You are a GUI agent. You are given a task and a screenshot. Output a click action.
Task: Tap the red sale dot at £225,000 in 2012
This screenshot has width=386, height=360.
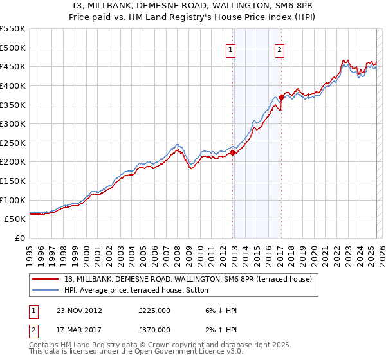pos(232,152)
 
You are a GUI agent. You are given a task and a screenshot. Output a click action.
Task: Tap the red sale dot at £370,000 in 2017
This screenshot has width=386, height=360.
pos(281,97)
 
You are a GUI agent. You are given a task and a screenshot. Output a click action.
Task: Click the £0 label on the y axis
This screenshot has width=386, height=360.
pos(19,238)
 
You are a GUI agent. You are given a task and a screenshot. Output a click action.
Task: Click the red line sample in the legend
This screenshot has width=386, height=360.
pos(46,279)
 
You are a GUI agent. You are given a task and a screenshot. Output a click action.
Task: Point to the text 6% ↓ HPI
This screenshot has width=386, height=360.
pos(219,310)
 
